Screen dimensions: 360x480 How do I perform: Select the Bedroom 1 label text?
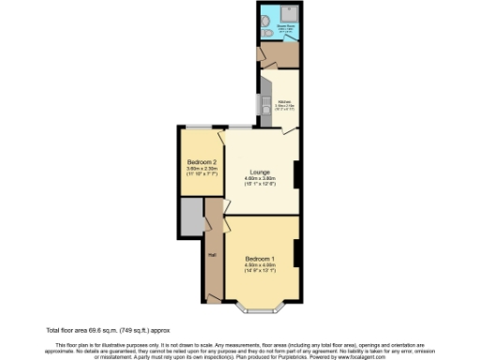coord(259,258)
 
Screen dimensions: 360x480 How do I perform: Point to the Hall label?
coord(213,252)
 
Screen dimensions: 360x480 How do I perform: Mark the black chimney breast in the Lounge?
coord(296,174)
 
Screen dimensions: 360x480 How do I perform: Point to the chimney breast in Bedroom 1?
coord(296,253)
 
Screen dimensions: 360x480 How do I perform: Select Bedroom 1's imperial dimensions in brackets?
coord(259,271)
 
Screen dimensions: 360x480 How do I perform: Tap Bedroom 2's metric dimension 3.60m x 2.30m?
coord(202,168)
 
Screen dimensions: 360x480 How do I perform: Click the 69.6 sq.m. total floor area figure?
coord(100,330)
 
